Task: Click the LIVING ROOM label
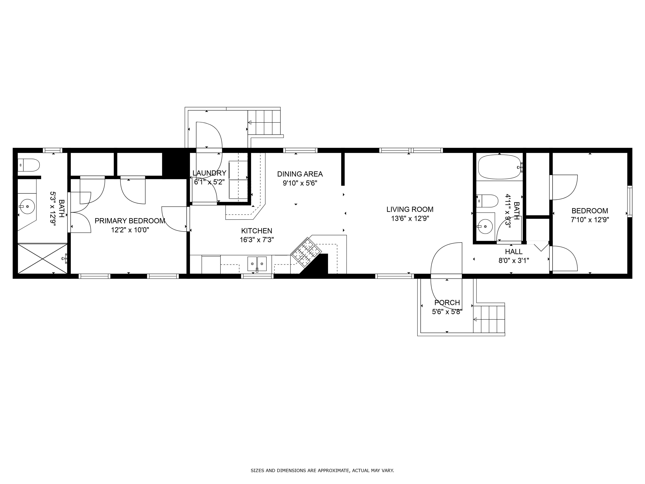click(410, 209)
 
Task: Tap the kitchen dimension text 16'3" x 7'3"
click(257, 240)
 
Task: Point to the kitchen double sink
click(257, 264)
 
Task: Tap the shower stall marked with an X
click(43, 258)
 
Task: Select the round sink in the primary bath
click(28, 206)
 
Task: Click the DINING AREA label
click(300, 174)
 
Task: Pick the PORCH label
click(447, 302)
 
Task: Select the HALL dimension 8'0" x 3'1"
click(514, 260)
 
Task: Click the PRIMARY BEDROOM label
click(130, 221)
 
